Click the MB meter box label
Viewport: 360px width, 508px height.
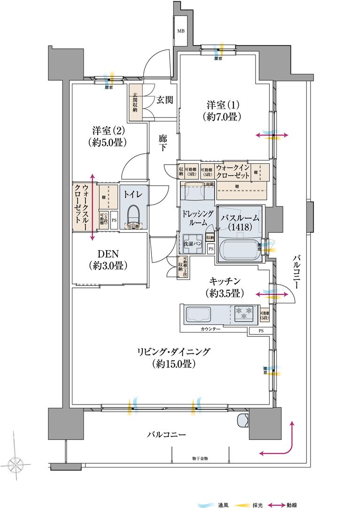180,31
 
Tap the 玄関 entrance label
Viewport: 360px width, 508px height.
164,100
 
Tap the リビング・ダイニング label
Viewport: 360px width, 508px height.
174,357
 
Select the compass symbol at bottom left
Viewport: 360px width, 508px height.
16,465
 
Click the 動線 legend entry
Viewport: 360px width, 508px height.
285,505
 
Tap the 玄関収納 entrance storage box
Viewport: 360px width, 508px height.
135,103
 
